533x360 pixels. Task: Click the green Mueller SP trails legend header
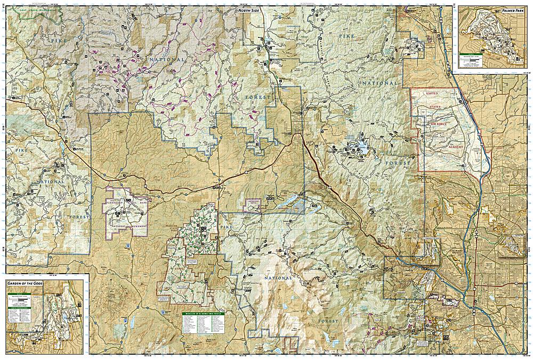coord(203,314)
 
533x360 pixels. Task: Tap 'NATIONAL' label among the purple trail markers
coord(166,60)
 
